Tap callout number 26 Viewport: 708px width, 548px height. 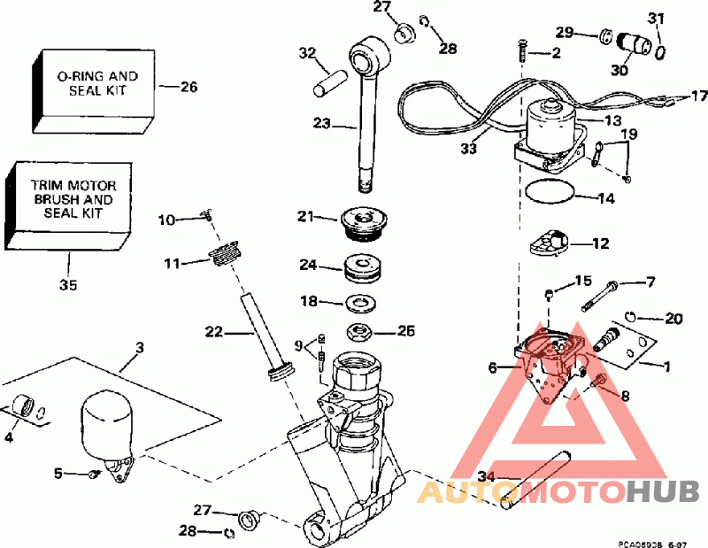tap(189, 87)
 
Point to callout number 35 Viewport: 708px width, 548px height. tap(68, 284)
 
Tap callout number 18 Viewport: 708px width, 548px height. tap(308, 302)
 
